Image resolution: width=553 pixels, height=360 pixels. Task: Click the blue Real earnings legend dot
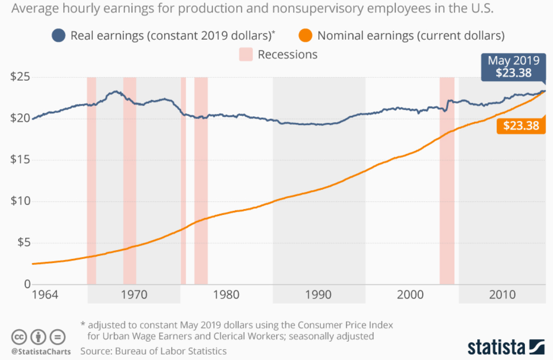point(59,36)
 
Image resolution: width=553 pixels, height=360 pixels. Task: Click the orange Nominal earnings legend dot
point(305,36)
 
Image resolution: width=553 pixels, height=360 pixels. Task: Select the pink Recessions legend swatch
point(246,54)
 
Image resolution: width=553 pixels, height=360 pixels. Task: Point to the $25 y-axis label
point(20,77)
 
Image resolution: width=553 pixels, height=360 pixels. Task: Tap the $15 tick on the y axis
point(20,160)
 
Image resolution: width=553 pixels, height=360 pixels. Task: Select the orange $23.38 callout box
point(521,125)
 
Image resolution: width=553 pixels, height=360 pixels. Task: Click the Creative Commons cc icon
point(19,337)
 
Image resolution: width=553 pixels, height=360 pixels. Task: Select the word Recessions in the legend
point(287,54)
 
